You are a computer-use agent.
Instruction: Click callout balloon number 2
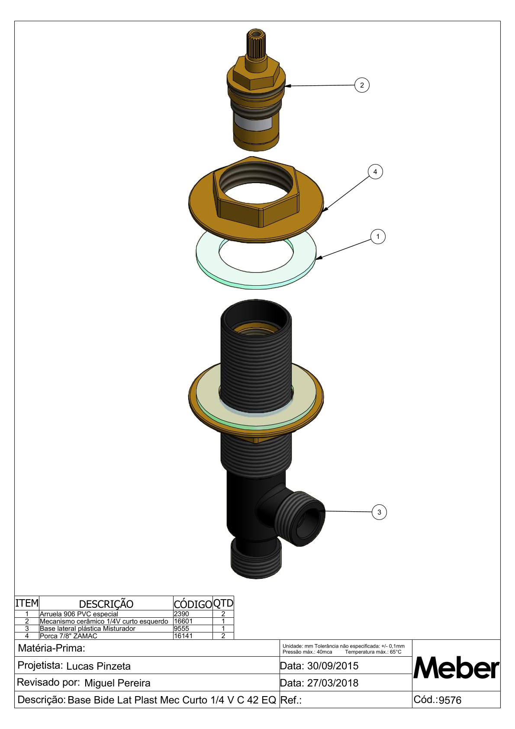point(362,85)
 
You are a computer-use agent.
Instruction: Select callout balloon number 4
point(375,171)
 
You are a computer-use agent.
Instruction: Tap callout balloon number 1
point(378,237)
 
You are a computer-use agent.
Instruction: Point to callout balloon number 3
point(379,512)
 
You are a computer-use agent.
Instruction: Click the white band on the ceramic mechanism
point(256,124)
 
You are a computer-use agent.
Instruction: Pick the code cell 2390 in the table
point(181,614)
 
